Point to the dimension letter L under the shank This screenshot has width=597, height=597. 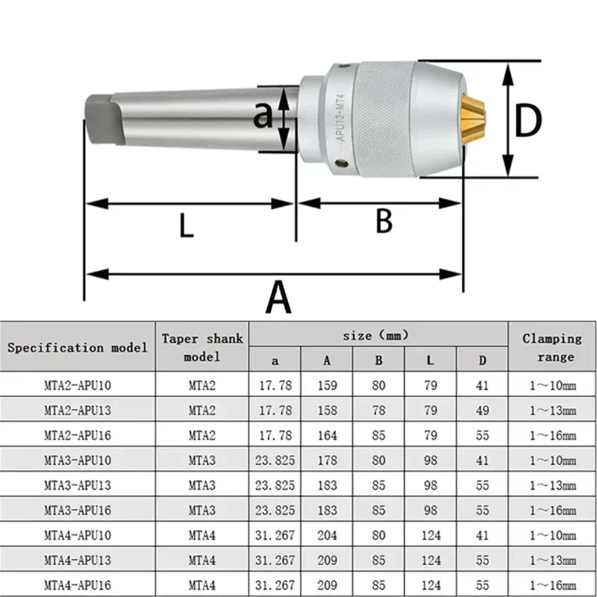(x=186, y=225)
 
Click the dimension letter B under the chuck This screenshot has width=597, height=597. (x=383, y=222)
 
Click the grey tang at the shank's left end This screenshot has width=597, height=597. (x=99, y=119)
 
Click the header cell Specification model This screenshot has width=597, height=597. (x=78, y=347)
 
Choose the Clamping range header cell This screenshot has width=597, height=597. (x=551, y=347)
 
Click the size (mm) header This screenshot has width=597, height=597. (x=378, y=335)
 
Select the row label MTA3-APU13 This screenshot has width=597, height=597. (x=78, y=484)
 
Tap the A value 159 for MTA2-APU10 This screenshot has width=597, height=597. (x=327, y=386)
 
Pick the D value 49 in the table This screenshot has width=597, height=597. (x=482, y=410)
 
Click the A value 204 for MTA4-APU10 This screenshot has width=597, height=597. (x=327, y=534)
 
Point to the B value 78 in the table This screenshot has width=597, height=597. (x=378, y=410)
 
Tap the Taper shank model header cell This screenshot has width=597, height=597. (x=202, y=347)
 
